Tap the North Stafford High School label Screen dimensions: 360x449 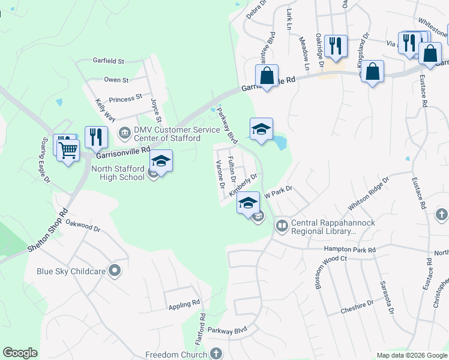pyautogui.click(x=118, y=173)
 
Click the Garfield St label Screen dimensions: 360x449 pyautogui.click(x=108, y=61)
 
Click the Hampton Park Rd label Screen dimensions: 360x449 pyautogui.click(x=349, y=249)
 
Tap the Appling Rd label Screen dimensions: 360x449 pyautogui.click(x=184, y=304)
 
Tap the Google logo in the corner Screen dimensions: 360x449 pyautogui.click(x=20, y=353)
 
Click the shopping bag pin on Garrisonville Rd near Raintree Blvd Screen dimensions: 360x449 pyautogui.click(x=267, y=76)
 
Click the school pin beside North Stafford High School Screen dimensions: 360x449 pyautogui.click(x=161, y=160)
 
